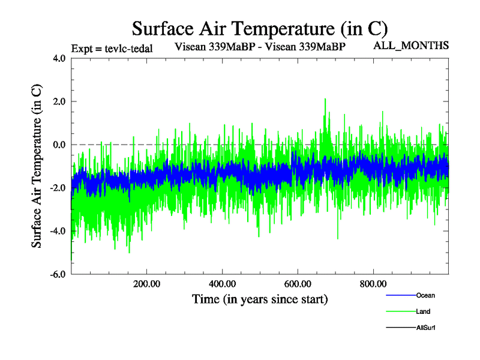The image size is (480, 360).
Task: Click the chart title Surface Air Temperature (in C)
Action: [x=259, y=28]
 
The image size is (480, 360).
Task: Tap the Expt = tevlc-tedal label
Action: [x=112, y=49]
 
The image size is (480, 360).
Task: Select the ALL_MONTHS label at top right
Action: [x=412, y=46]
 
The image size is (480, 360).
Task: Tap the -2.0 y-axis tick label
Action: [x=59, y=188]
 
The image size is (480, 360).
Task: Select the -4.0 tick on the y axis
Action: [x=59, y=231]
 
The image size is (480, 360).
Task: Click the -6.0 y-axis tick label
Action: [x=59, y=274]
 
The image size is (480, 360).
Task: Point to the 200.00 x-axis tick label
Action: [x=146, y=283]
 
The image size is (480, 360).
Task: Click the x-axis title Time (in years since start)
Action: [x=260, y=298]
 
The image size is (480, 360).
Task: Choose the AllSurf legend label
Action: [x=425, y=328]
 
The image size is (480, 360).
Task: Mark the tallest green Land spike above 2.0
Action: [x=325, y=99]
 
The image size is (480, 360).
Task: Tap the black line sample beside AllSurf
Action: [x=400, y=328]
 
